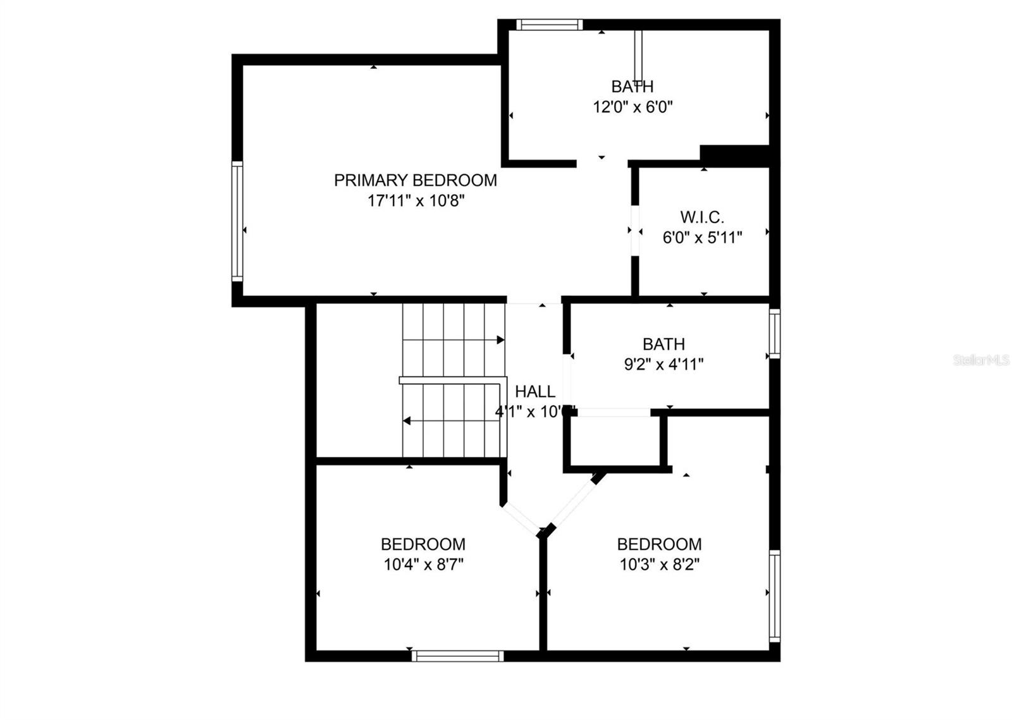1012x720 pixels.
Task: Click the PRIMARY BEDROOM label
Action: (x=415, y=180)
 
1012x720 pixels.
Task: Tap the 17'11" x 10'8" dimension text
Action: (x=416, y=201)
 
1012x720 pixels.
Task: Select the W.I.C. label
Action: (x=702, y=217)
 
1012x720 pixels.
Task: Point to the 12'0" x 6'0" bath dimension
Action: (x=632, y=106)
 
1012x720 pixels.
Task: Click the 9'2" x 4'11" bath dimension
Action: (x=663, y=364)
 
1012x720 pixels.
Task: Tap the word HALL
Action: (x=535, y=391)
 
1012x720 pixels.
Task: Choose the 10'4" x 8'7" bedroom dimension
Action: (x=423, y=564)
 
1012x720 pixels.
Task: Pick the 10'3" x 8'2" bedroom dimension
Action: (x=659, y=564)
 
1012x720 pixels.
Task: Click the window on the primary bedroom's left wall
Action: (x=237, y=221)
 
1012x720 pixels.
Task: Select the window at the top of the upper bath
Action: (x=548, y=25)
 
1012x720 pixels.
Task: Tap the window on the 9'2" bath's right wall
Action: (x=774, y=333)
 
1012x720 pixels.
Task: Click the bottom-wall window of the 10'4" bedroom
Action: (x=457, y=656)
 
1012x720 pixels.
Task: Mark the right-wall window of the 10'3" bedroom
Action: (x=774, y=595)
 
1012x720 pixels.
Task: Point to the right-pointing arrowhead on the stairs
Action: (x=500, y=340)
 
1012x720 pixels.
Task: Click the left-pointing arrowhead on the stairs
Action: (x=407, y=421)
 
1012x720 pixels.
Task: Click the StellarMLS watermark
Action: (x=981, y=360)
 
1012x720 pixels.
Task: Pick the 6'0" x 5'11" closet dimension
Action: (x=702, y=238)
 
